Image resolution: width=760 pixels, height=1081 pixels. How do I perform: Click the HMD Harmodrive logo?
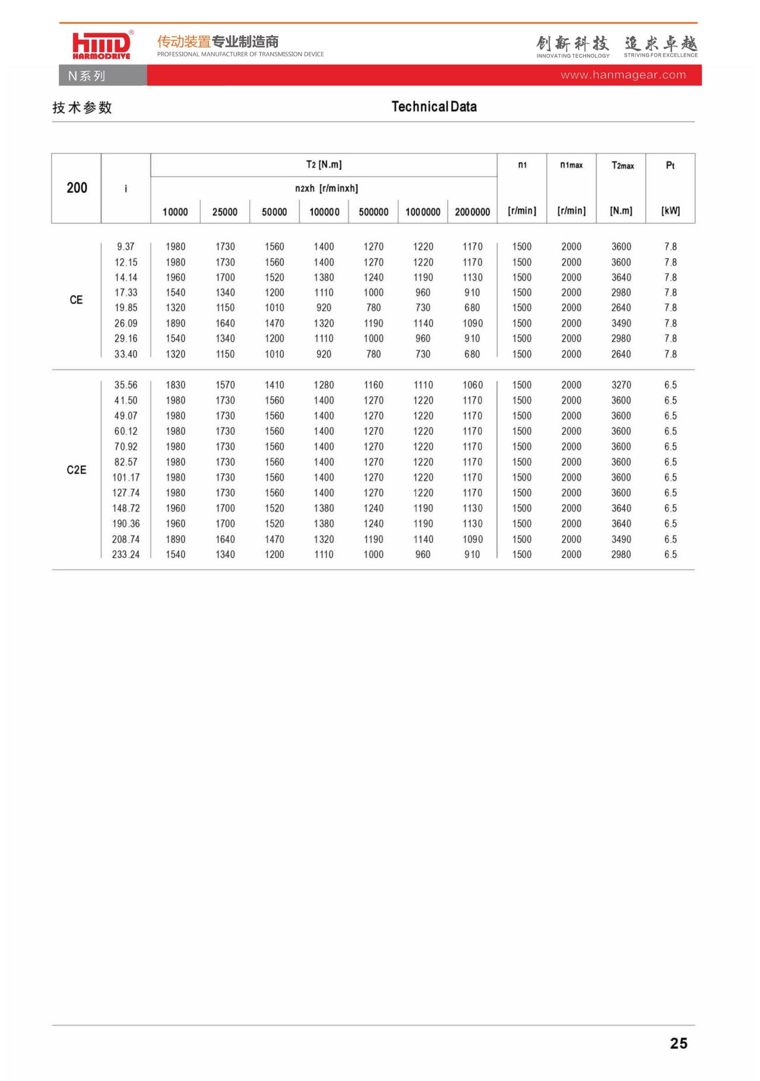pyautogui.click(x=101, y=45)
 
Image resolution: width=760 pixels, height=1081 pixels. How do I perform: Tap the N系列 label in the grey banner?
pyautogui.click(x=87, y=76)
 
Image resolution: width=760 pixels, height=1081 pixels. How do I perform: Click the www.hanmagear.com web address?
pyautogui.click(x=623, y=75)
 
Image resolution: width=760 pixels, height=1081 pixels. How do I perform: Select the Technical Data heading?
pyautogui.click(x=434, y=107)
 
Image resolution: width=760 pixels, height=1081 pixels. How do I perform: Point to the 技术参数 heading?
pyautogui.click(x=82, y=108)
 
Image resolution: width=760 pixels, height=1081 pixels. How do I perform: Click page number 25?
pyautogui.click(x=678, y=1043)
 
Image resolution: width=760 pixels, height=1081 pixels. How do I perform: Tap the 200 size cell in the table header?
pyautogui.click(x=77, y=188)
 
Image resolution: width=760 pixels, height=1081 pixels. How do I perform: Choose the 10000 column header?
pyautogui.click(x=175, y=212)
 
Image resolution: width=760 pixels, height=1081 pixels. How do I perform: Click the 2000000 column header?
pyautogui.click(x=472, y=212)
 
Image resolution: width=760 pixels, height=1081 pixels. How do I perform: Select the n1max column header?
pyautogui.click(x=571, y=165)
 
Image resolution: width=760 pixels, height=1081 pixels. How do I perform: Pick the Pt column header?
pyautogui.click(x=670, y=165)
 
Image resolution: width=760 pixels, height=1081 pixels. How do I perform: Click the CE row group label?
pyautogui.click(x=76, y=300)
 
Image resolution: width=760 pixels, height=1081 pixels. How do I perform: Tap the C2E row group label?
pyautogui.click(x=76, y=470)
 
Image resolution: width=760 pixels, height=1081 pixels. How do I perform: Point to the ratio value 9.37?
pyautogui.click(x=125, y=246)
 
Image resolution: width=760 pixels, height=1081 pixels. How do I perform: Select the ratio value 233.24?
pyautogui.click(x=125, y=554)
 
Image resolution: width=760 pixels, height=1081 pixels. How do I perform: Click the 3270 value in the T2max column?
pyautogui.click(x=621, y=385)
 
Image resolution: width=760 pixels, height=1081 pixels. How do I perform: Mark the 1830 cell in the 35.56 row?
pyautogui.click(x=175, y=385)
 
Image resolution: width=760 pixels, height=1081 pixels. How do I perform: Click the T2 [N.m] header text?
pyautogui.click(x=324, y=165)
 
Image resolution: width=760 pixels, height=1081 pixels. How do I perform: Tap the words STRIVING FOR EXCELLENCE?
pyautogui.click(x=660, y=55)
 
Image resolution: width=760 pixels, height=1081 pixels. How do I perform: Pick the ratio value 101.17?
pyautogui.click(x=125, y=478)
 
